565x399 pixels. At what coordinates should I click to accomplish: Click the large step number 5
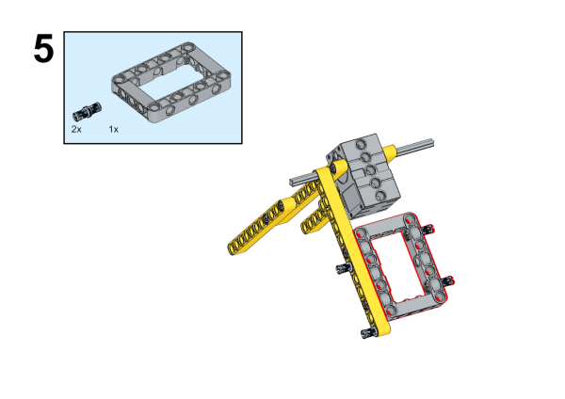(43, 49)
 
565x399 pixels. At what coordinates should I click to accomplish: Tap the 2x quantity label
(76, 129)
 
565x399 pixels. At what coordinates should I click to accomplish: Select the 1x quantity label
(114, 129)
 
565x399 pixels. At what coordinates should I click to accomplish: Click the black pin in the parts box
(88, 111)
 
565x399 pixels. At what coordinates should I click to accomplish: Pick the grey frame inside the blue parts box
(171, 82)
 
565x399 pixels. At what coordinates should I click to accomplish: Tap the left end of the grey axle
(292, 183)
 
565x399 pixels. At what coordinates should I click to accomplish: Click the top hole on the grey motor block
(361, 145)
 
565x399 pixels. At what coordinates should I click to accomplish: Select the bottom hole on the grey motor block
(380, 196)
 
